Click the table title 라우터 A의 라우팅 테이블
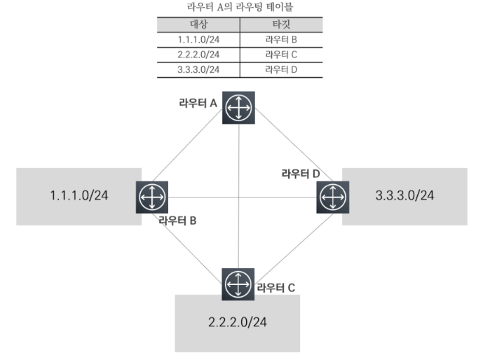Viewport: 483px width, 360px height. point(240,8)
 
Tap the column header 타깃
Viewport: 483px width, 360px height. point(282,25)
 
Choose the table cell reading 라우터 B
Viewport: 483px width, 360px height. point(282,39)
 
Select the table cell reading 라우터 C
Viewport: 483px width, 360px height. point(282,55)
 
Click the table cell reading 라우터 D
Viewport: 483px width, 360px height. point(282,69)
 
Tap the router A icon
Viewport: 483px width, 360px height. point(239,108)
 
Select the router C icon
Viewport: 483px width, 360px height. point(239,284)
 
